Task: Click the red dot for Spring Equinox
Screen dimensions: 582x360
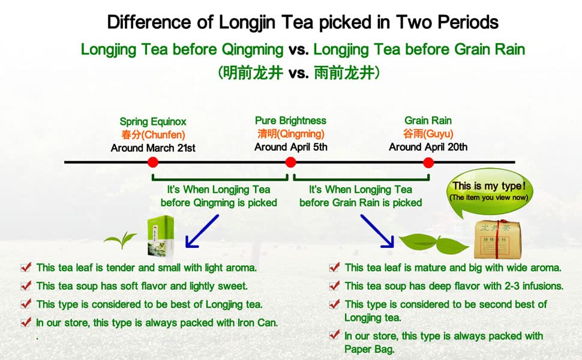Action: coord(152,162)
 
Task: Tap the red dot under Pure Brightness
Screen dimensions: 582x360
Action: coord(290,162)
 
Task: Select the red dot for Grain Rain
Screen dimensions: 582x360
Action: coord(428,163)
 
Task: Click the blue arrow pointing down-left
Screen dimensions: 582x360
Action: coord(202,231)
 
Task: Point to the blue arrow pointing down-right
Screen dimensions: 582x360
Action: coord(377,231)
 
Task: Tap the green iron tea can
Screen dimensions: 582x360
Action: coord(160,236)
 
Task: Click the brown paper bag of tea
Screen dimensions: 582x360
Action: coord(497,239)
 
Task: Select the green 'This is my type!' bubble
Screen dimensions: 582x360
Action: coord(489,192)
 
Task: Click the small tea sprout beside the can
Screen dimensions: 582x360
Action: coord(120,240)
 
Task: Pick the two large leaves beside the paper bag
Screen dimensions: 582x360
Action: coord(434,244)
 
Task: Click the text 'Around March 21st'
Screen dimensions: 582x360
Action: coord(153,148)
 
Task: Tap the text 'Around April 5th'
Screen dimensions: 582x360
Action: coord(291,147)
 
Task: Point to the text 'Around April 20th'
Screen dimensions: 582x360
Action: coord(428,147)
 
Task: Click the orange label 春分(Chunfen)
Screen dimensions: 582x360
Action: coord(153,135)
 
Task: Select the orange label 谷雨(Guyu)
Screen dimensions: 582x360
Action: coord(428,134)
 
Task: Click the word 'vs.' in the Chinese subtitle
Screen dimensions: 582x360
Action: coord(298,73)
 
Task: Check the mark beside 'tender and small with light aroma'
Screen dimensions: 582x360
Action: coord(26,267)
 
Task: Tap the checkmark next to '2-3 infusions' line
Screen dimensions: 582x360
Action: coord(334,286)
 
